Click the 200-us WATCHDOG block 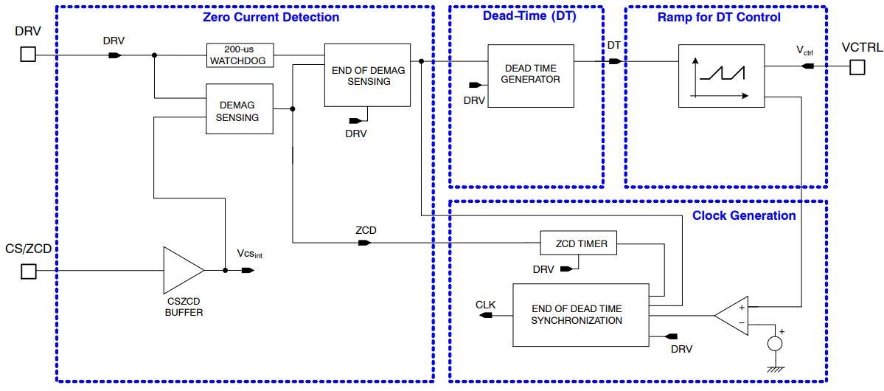[x=240, y=55]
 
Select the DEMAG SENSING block [x=238, y=108]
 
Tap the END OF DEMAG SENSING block [x=366, y=75]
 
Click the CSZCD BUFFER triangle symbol [x=182, y=271]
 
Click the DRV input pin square [x=27, y=55]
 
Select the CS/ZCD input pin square [x=27, y=271]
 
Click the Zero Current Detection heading [x=271, y=17]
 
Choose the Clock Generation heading [x=744, y=215]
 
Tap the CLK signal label [x=485, y=303]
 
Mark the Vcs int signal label [x=249, y=255]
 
